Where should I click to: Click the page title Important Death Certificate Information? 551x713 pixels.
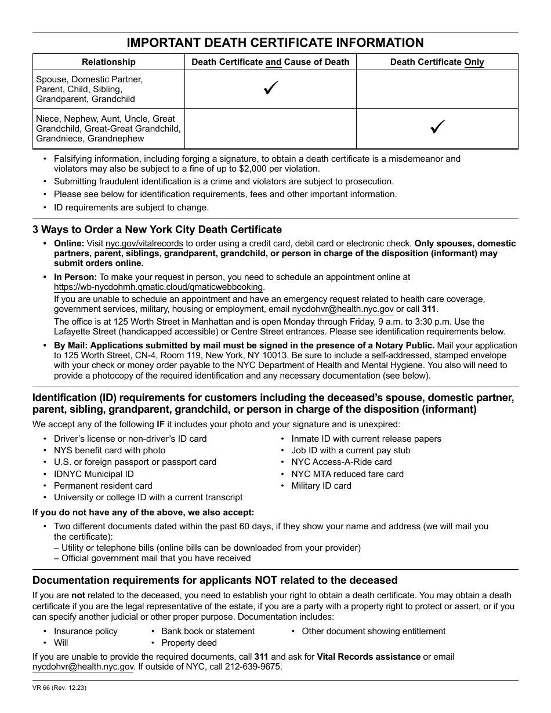click(x=275, y=43)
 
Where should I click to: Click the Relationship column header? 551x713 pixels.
click(x=108, y=62)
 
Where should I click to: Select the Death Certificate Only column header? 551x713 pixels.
click(x=437, y=62)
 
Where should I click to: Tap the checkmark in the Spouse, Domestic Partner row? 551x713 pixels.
click(x=270, y=89)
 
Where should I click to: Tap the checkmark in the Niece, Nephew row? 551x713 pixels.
click(x=437, y=128)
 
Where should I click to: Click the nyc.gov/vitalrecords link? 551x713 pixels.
click(x=144, y=244)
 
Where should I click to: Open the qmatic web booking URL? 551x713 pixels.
click(x=158, y=287)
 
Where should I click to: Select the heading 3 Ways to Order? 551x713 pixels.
click(x=157, y=230)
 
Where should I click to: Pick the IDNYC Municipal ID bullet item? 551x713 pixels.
click(x=93, y=474)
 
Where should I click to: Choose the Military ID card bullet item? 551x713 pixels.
click(x=321, y=486)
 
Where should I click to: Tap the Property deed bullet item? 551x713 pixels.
click(x=188, y=643)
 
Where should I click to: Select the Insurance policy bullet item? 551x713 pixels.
click(x=85, y=631)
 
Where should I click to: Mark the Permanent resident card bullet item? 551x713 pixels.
click(x=103, y=486)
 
